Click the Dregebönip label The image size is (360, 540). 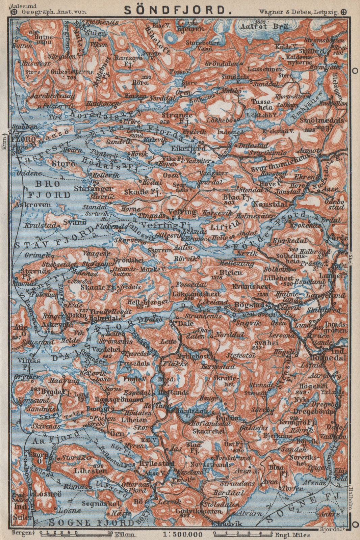(x=313, y=411)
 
